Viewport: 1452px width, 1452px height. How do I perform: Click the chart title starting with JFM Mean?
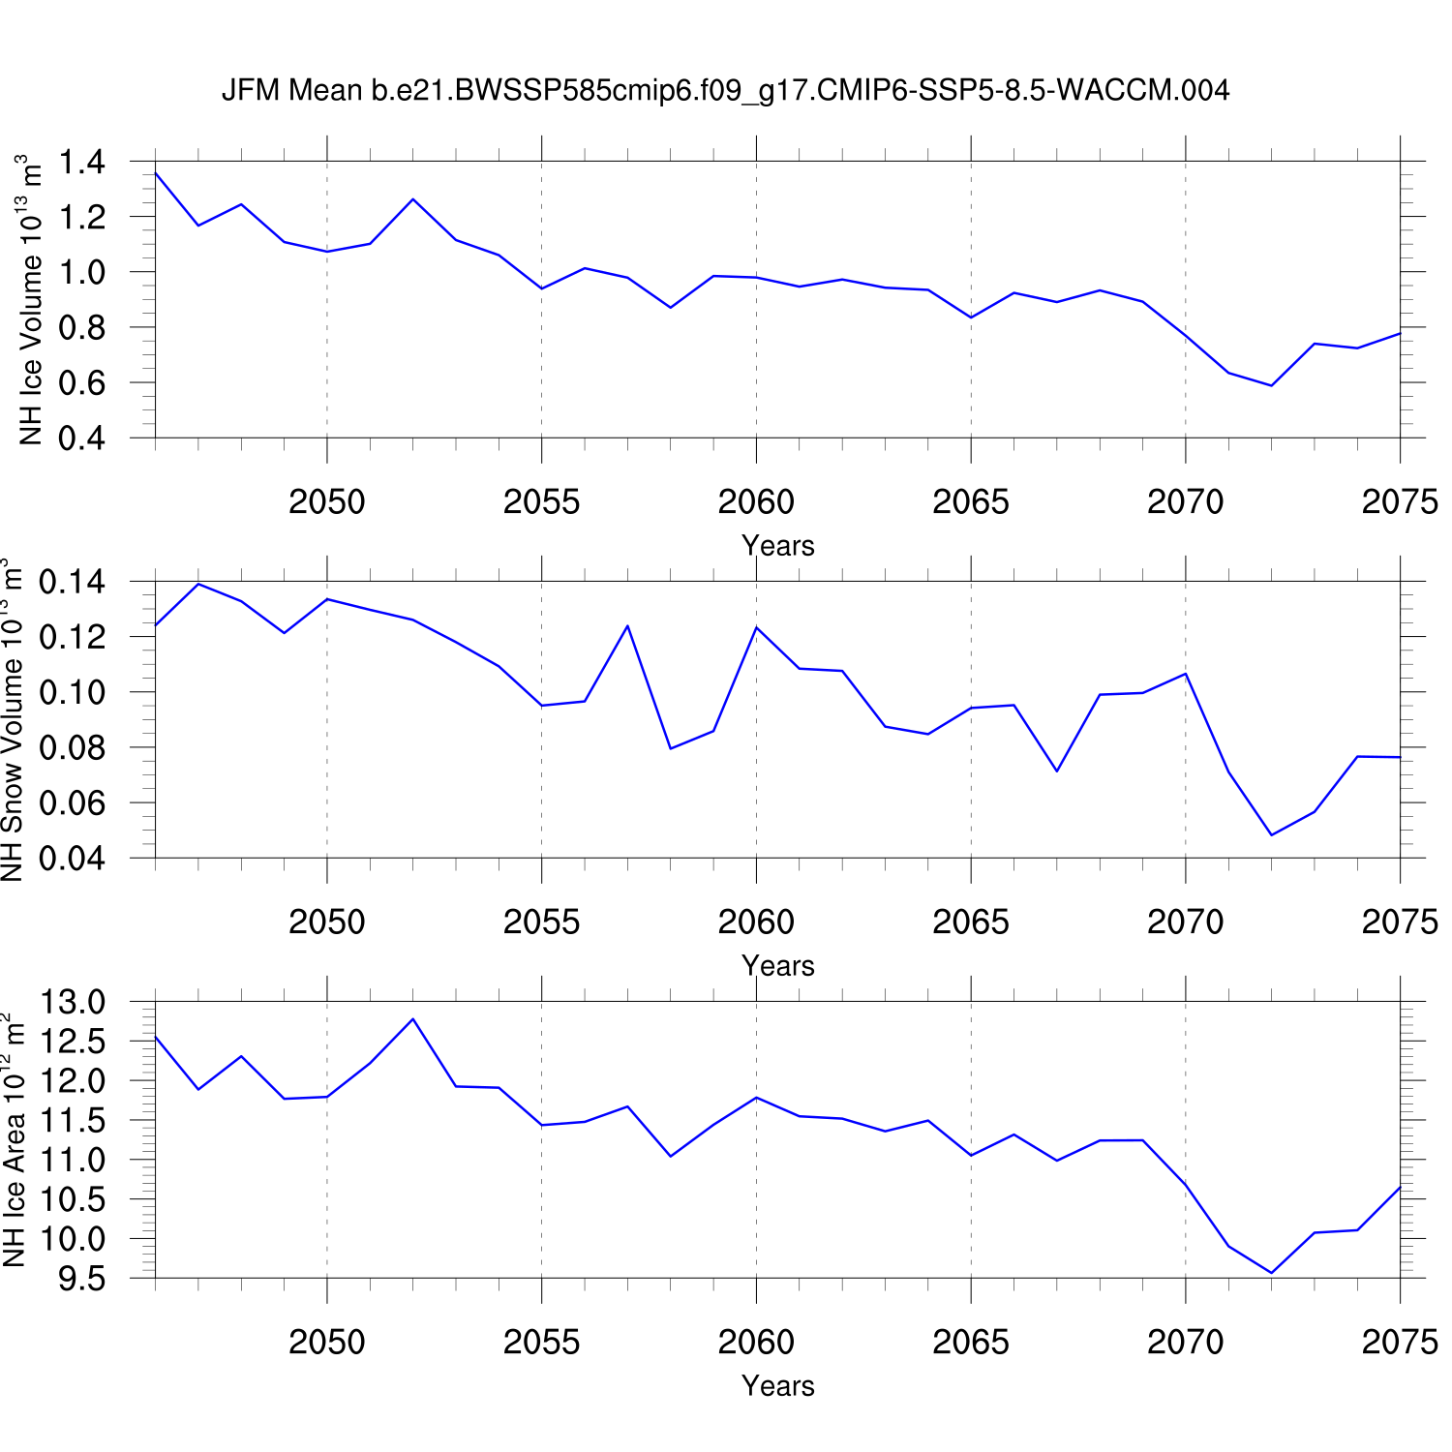(x=725, y=90)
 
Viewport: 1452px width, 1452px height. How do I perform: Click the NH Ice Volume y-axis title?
(x=31, y=300)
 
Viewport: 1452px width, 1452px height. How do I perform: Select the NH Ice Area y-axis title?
(x=14, y=1140)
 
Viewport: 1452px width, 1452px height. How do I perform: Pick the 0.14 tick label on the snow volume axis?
(x=72, y=582)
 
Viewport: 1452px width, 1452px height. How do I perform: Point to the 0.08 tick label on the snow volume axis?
(x=72, y=748)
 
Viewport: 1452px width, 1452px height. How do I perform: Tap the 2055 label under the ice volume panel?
(x=541, y=501)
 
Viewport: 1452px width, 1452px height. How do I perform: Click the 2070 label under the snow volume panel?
(x=1185, y=922)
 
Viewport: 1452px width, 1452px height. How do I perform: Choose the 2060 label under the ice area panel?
(x=756, y=1342)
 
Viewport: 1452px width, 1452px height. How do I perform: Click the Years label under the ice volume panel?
(x=777, y=546)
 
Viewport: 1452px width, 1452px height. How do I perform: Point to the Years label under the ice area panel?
(x=777, y=1386)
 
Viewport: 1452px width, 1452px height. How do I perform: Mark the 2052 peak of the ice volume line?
(x=413, y=199)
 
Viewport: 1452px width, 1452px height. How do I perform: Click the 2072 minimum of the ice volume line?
(x=1271, y=386)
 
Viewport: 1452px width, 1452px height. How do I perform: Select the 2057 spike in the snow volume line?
(x=627, y=625)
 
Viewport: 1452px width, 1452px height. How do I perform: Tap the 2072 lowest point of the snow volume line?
(x=1271, y=834)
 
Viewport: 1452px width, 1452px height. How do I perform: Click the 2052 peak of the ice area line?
(x=413, y=1018)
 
